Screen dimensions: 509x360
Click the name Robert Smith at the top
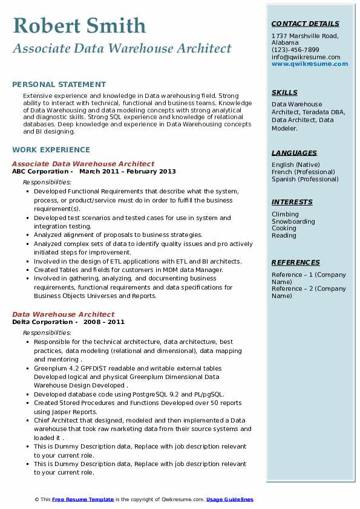tap(79, 25)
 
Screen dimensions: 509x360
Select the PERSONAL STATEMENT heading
tap(59, 85)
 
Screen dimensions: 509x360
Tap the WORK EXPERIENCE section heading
tap(51, 150)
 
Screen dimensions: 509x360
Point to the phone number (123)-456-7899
tap(295, 50)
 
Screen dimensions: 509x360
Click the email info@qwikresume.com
tap(306, 57)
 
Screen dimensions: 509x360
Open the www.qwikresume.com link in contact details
tap(306, 63)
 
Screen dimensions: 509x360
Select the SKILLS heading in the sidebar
tap(284, 92)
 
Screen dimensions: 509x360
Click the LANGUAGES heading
tap(294, 153)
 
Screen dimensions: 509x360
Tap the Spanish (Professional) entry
tap(305, 179)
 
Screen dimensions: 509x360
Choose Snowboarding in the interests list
tap(293, 221)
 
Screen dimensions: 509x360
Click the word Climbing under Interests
tap(285, 214)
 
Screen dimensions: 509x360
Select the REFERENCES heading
tap(296, 262)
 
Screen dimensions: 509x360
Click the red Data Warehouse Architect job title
tap(63, 314)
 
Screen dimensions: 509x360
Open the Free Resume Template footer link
tap(82, 499)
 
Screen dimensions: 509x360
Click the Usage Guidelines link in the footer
tap(229, 499)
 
